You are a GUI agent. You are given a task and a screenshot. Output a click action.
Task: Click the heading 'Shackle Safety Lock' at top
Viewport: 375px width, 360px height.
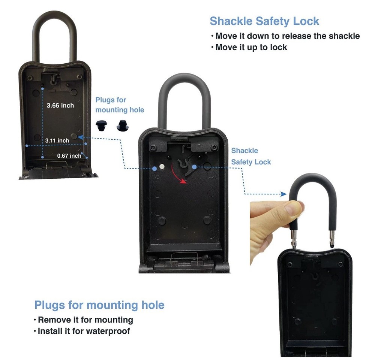[x=264, y=21]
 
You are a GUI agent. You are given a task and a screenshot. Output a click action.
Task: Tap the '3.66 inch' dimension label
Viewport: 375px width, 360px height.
[x=60, y=106]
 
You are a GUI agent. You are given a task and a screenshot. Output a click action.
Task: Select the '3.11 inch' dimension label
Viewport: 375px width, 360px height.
[x=57, y=140]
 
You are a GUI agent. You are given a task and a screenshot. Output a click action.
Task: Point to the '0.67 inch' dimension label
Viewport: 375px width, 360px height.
[x=69, y=155]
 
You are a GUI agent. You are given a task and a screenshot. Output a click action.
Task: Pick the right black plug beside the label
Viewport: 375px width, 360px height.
[x=122, y=126]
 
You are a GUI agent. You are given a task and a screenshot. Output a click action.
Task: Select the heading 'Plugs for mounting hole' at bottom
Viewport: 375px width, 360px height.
[x=99, y=305]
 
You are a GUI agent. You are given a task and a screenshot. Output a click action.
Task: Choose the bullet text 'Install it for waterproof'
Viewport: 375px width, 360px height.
[x=84, y=331]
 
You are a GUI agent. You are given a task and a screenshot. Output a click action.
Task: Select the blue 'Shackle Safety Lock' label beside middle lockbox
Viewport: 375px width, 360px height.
[x=250, y=156]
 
